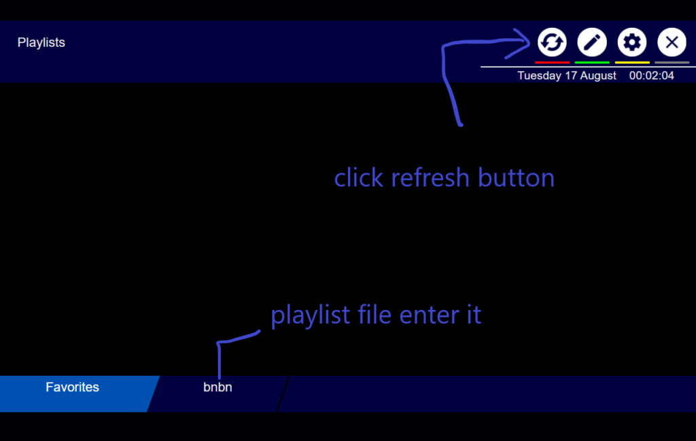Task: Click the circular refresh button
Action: tap(552, 42)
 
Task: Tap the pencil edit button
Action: tap(592, 42)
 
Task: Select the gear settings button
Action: tap(632, 42)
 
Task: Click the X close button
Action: tap(672, 42)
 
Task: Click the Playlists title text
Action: tap(41, 43)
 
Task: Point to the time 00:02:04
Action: tap(652, 75)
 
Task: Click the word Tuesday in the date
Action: tap(539, 76)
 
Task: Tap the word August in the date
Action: tap(598, 76)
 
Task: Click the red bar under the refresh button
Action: tap(552, 63)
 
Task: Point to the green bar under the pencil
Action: tap(592, 63)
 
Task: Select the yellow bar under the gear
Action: tap(632, 63)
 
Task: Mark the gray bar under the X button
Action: tap(672, 63)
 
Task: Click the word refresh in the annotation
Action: tap(430, 178)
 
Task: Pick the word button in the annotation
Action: tap(517, 178)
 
